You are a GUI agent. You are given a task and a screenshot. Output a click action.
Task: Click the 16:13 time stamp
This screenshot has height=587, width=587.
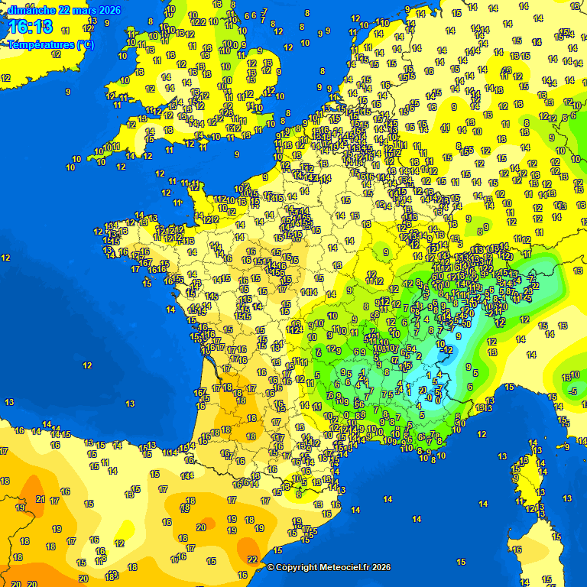click(x=31, y=28)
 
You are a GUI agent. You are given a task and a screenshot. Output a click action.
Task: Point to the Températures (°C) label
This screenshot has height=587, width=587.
click(x=51, y=45)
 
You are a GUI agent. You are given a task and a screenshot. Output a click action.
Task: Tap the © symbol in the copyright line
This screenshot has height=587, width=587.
click(x=270, y=567)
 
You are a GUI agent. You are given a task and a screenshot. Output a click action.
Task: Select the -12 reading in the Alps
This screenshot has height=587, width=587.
click(x=448, y=350)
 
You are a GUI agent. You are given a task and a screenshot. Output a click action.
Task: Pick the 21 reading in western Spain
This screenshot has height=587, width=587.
click(x=41, y=499)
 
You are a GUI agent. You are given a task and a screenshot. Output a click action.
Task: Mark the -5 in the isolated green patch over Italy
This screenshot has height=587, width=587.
click(x=572, y=391)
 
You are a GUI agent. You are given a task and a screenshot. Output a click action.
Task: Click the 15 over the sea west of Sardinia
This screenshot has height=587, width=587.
click(x=460, y=562)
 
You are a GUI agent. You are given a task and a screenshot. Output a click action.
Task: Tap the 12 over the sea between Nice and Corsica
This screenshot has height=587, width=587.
click(x=482, y=434)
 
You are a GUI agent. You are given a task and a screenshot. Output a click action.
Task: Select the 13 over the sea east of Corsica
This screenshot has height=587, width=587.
click(x=566, y=498)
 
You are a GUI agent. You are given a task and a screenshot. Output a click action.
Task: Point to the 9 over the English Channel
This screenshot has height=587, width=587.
click(x=237, y=154)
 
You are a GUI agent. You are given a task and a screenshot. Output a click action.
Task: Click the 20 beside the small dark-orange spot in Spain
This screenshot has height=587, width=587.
click(x=201, y=527)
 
